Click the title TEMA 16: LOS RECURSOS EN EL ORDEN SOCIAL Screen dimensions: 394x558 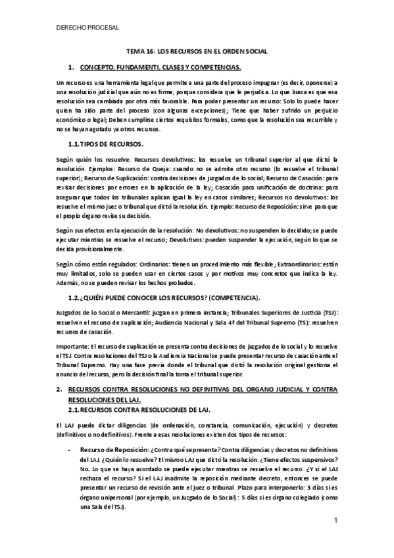197,51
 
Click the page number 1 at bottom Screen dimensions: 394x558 335,520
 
